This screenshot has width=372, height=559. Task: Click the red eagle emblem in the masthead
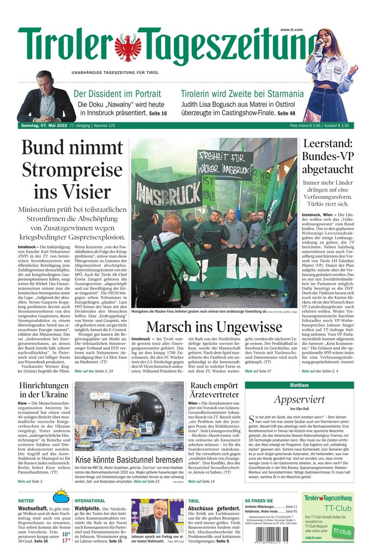(x=128, y=47)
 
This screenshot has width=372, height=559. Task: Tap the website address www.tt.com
(x=291, y=30)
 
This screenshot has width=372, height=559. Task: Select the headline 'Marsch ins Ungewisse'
(x=213, y=327)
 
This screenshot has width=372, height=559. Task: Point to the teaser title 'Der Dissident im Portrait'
(x=117, y=94)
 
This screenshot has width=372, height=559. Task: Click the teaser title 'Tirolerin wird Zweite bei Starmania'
(x=242, y=94)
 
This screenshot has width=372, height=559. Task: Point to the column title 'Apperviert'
(x=299, y=399)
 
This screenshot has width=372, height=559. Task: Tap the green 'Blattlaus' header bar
(x=299, y=386)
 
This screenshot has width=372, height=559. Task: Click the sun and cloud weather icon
(x=61, y=496)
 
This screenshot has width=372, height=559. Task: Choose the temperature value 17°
(x=66, y=540)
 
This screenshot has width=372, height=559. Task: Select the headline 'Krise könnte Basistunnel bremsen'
(x=129, y=460)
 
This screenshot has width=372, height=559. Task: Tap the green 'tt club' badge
(x=343, y=531)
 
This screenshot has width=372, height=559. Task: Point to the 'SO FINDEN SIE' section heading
(x=259, y=501)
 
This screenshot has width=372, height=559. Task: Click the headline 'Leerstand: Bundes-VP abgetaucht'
(x=327, y=157)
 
